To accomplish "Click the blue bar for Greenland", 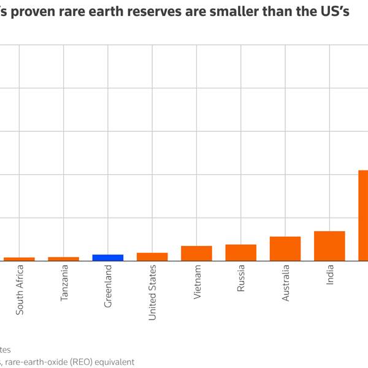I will click(x=108, y=258).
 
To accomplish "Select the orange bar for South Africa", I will click(x=20, y=259).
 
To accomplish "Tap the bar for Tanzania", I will click(x=64, y=259).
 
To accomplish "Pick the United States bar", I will click(x=152, y=257).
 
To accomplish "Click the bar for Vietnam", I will click(x=196, y=253).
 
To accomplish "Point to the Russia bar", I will click(x=241, y=253).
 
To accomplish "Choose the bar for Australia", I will click(x=285, y=248).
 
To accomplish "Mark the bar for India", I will click(x=329, y=246).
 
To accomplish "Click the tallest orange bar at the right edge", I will click(x=363, y=215).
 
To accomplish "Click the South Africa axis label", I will click(x=20, y=290).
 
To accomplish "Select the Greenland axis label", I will click(x=109, y=286).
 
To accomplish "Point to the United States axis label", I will click(x=153, y=292).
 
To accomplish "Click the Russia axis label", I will click(x=241, y=280).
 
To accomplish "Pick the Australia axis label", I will click(x=285, y=285).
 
